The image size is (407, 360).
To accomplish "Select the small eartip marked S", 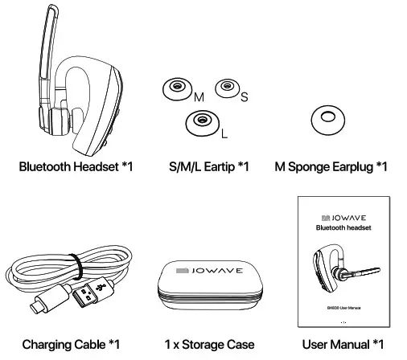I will pyautogui.click(x=226, y=87).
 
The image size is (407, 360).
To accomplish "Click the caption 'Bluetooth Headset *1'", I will pyautogui.click(x=76, y=167).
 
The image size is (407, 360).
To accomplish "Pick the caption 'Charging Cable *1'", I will pyautogui.click(x=71, y=346).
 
